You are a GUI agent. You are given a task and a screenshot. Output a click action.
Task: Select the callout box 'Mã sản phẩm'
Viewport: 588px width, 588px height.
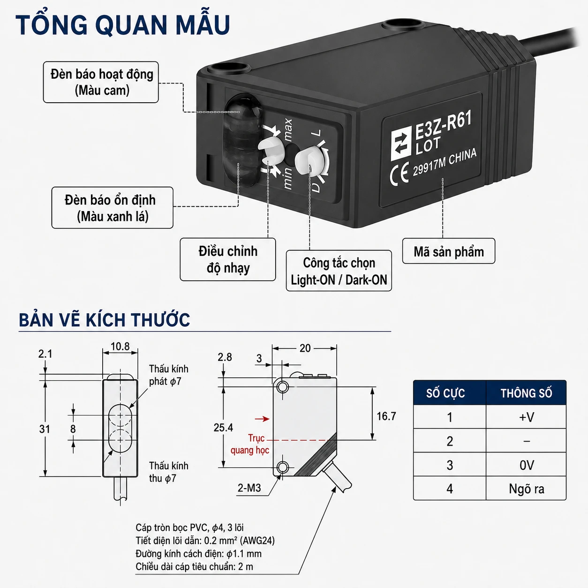449,251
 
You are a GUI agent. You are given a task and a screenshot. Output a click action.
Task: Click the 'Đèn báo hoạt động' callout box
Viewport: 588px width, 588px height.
101,82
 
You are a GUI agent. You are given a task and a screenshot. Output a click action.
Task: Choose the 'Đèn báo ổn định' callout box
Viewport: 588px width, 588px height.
112,208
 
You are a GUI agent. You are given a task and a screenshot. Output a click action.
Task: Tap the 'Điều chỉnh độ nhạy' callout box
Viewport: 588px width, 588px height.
228,259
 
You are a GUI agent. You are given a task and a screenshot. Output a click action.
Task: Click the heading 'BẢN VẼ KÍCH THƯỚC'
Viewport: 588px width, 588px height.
105,320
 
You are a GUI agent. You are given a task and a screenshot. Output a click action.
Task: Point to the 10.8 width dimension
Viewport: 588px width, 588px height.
120,347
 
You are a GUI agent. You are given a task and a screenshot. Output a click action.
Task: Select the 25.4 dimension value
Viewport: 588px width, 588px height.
223,428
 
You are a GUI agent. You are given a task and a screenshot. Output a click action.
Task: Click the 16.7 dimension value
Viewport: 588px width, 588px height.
386,416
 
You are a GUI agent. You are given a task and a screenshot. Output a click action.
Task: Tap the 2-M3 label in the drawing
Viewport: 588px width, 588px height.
249,488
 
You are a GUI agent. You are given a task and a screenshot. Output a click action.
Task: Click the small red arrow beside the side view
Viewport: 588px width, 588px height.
262,419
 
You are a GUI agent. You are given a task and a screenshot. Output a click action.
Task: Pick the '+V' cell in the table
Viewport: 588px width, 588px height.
527,417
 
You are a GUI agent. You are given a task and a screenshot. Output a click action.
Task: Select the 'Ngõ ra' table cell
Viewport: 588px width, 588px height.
527,489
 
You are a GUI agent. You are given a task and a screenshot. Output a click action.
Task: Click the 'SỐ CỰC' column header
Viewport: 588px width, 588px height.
445,393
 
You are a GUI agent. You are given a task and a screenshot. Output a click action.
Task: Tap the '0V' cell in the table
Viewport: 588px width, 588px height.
527,465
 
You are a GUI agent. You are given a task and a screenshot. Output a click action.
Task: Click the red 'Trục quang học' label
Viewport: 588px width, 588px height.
250,444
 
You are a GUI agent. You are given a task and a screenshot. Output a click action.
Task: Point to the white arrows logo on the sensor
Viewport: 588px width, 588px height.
401,144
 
